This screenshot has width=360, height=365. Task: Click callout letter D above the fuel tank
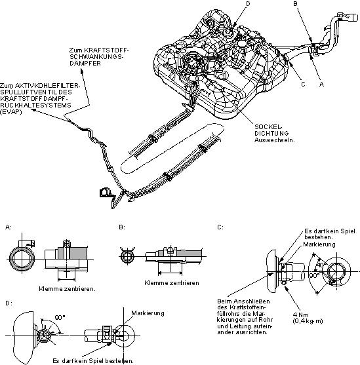tap(248, 3)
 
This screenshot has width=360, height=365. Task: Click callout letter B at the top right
tap(296, 4)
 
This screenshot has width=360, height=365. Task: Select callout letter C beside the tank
tap(303, 85)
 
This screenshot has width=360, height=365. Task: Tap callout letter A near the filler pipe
tap(321, 85)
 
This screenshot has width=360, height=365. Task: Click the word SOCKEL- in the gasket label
tap(268, 127)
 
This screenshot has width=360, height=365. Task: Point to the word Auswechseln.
tap(275, 140)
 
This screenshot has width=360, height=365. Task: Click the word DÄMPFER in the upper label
tap(85, 64)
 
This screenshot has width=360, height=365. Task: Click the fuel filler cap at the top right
tap(353, 17)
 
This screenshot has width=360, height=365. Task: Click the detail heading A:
tap(9, 227)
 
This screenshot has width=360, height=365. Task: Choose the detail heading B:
tap(122, 227)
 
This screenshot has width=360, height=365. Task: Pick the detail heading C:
tap(220, 227)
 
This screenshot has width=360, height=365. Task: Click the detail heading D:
tap(9, 303)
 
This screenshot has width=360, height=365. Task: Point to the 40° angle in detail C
tap(320, 265)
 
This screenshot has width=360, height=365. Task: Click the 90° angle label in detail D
tap(60, 317)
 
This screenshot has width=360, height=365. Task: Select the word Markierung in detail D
tap(148, 313)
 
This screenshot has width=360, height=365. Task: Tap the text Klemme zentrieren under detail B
tap(172, 283)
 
